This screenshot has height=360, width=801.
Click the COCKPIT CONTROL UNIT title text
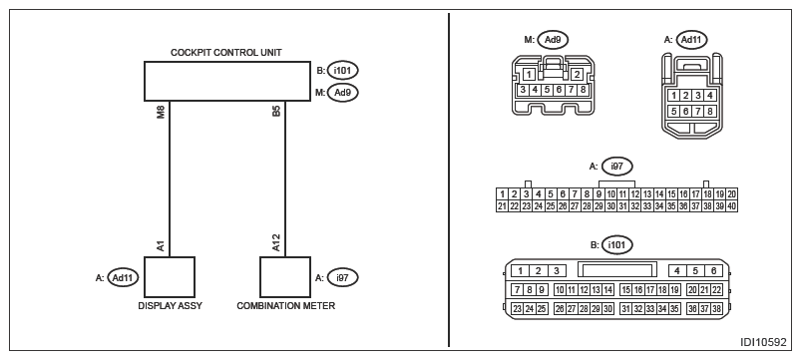coord(226,53)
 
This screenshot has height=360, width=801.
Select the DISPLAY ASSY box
coord(170,277)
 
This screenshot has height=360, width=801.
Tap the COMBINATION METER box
coord(285,277)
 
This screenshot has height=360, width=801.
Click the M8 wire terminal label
coord(161,113)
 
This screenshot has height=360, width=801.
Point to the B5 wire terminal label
coord(276,112)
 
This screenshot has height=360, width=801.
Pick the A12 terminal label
coord(276,242)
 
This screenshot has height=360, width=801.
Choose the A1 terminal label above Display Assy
coord(161,245)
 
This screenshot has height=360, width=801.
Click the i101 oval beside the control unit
coord(343,70)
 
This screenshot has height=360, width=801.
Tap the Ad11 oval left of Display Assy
coord(124,278)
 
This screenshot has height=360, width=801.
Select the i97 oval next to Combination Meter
coord(343,278)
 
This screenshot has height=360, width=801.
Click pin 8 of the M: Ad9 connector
coord(584,90)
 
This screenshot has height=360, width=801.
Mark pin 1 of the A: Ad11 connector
coord(675,96)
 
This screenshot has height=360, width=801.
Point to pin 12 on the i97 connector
coord(635,194)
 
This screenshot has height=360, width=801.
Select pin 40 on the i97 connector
coord(731,206)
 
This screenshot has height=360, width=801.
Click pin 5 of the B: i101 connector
coord(695,271)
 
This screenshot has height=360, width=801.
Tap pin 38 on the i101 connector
coord(717,308)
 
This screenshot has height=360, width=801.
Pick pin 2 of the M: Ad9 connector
coord(577,75)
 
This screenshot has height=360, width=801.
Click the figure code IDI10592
coord(763,342)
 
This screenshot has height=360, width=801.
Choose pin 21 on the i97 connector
coord(502,206)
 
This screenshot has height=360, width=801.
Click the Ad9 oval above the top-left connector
coord(553,39)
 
